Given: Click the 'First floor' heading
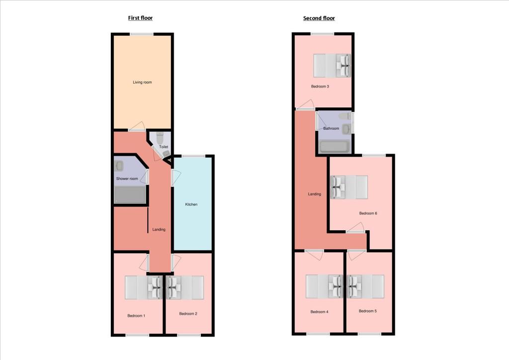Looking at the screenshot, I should (x=140, y=18).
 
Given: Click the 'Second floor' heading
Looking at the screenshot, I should (x=319, y=18).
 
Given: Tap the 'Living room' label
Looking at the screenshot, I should (x=142, y=82).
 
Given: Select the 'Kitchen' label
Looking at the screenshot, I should (x=192, y=204).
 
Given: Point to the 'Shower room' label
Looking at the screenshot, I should (x=127, y=179).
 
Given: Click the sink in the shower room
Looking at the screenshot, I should (x=119, y=166).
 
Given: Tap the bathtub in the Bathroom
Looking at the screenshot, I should (x=335, y=146).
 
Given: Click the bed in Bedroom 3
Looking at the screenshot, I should (x=331, y=66).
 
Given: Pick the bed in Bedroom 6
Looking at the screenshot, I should (x=349, y=186).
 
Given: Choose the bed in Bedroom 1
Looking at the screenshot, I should (x=143, y=287).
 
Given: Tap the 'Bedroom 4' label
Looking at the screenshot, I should (x=319, y=312).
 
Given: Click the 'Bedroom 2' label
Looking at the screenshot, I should (x=188, y=313).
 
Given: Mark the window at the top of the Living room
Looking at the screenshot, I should (x=142, y=34).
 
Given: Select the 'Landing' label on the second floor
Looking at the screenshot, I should (x=314, y=194).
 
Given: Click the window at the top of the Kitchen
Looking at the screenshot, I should (x=193, y=156).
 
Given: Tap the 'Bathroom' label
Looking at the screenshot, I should (x=331, y=128).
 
